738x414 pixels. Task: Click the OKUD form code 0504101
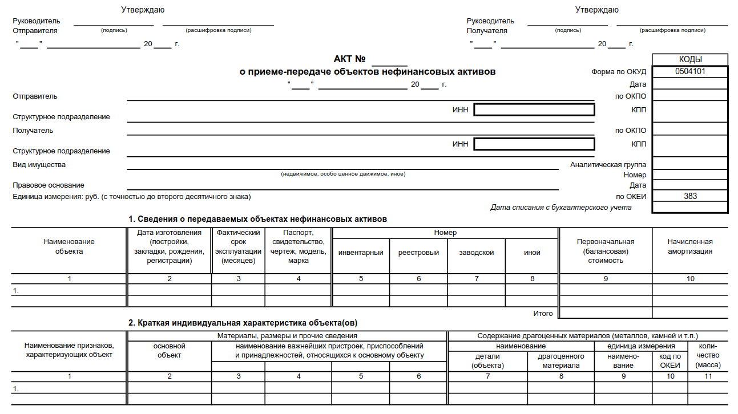(x=690, y=72)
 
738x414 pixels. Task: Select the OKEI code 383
(x=690, y=196)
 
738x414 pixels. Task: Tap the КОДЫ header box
(x=690, y=59)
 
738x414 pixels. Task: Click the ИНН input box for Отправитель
(x=534, y=110)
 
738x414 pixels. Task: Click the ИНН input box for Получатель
(x=534, y=144)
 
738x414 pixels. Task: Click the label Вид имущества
(x=39, y=165)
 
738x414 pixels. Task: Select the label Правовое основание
(x=49, y=185)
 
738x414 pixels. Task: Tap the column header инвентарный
(x=361, y=253)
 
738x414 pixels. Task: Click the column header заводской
(x=476, y=253)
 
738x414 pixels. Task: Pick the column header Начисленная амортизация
(x=690, y=246)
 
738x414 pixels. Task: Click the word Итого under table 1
(x=543, y=313)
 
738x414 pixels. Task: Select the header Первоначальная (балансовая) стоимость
(x=606, y=251)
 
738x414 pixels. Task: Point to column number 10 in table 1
(x=690, y=279)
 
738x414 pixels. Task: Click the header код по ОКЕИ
(x=670, y=361)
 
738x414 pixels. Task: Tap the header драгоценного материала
(x=561, y=361)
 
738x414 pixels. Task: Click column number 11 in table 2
(x=708, y=376)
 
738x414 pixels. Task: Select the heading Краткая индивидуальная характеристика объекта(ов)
(x=243, y=323)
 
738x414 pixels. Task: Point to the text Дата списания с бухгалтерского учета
(x=561, y=208)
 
